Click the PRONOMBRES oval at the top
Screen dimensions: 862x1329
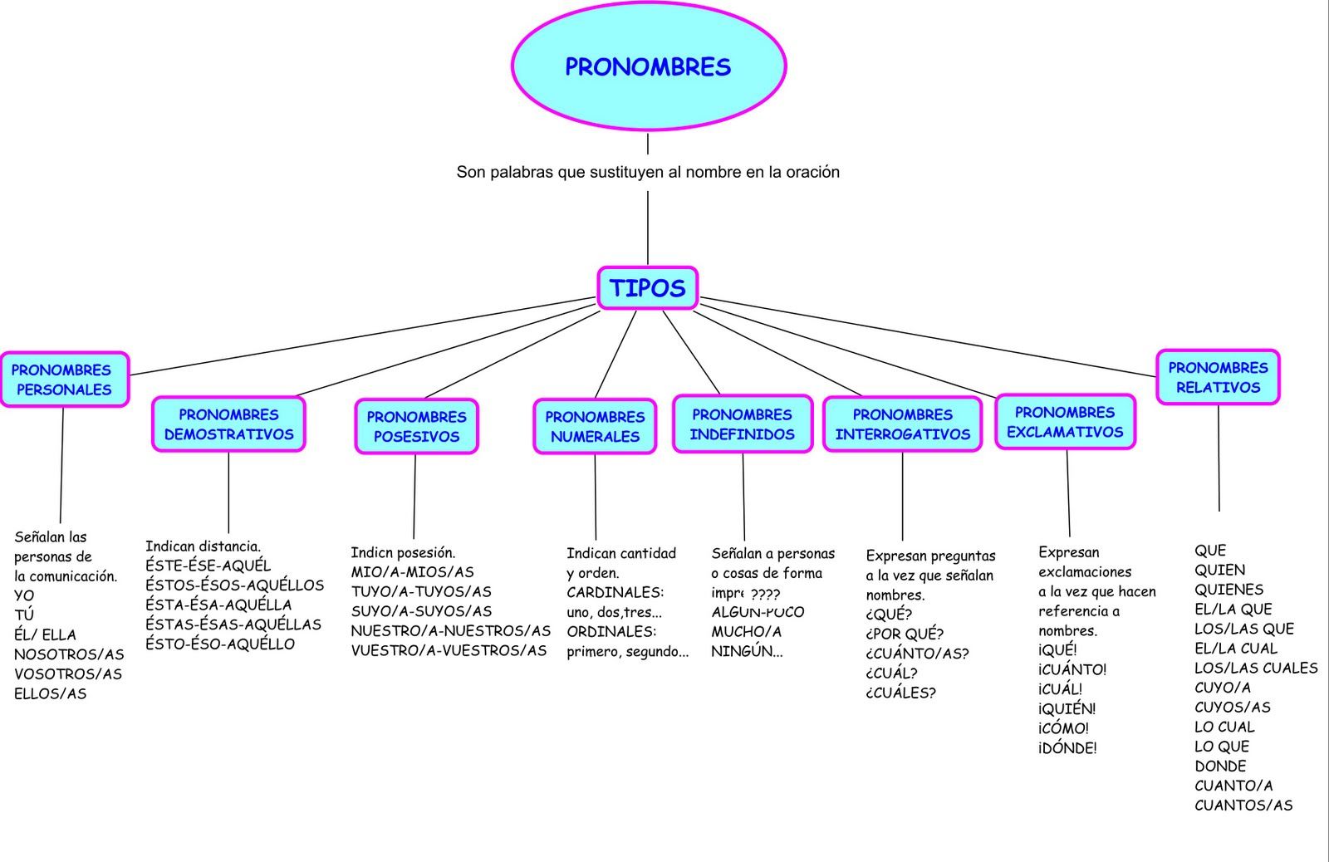[x=648, y=66]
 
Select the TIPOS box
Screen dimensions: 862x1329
[x=648, y=288]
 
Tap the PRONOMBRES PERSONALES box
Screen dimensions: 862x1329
[x=64, y=380]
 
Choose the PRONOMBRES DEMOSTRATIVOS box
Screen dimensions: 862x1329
[x=228, y=424]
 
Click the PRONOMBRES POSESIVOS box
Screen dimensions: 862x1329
[x=416, y=426]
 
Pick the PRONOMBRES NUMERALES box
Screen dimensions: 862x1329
[x=595, y=426]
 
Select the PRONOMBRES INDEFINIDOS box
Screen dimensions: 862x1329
[x=742, y=424]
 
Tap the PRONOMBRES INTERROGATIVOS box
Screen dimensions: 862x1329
[x=902, y=424]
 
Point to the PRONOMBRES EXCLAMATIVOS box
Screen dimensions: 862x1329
[x=1065, y=423]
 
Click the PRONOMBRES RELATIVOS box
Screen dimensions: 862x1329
[x=1218, y=377]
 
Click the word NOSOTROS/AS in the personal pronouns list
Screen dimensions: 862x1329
[x=69, y=654]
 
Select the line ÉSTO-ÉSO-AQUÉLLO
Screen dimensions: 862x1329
[x=220, y=644]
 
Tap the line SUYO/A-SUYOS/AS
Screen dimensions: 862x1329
[x=421, y=612]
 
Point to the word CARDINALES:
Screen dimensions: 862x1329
[x=615, y=593]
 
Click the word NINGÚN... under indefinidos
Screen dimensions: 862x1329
[x=747, y=652]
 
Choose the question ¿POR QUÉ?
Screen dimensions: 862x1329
[x=905, y=634]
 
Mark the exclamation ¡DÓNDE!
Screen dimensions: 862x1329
[x=1067, y=748]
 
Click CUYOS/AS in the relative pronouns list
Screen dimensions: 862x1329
[x=1233, y=708]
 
